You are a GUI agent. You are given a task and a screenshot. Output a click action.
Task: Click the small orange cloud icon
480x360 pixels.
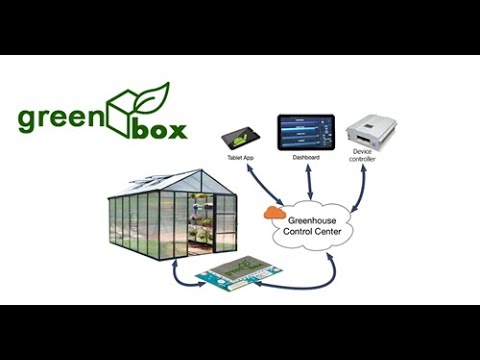coord(272,212)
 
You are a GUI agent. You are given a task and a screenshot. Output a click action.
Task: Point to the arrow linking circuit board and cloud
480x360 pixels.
coord(305,277)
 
